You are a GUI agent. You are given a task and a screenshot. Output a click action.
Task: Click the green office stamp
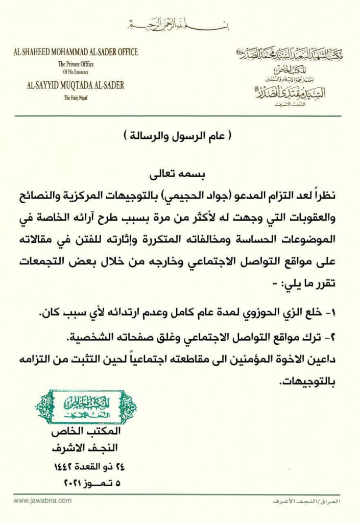(x=86, y=407)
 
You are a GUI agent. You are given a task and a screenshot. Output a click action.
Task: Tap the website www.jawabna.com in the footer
(x=42, y=501)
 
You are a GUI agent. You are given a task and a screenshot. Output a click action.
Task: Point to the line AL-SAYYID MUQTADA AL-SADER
(x=76, y=85)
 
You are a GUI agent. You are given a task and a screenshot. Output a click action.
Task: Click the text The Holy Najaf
(x=76, y=97)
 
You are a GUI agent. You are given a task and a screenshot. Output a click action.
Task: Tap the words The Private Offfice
(x=76, y=64)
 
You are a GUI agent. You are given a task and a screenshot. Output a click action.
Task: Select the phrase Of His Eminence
(x=76, y=72)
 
